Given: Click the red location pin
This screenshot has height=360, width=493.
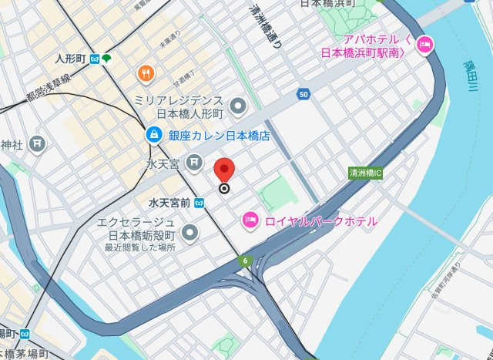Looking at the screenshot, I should tap(224, 169).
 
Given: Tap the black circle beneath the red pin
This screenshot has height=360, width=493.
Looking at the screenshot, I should tap(224, 187).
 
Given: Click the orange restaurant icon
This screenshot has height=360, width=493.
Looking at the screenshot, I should tap(146, 73).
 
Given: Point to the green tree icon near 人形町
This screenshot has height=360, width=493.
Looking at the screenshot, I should tap(106, 59).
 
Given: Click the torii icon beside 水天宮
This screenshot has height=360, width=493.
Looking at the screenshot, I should tap(195, 163).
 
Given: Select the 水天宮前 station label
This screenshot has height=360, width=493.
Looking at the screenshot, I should tap(169, 203).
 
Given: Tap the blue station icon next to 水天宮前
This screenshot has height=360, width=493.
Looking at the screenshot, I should tap(200, 203).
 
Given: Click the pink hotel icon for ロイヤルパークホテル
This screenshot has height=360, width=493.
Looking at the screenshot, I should tap(250, 221).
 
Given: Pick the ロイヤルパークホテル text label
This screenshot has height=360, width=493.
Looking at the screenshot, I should tap(320, 221).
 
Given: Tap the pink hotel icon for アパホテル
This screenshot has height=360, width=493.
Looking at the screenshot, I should tap(423, 48).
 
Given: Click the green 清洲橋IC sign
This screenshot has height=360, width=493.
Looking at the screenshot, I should tap(366, 173).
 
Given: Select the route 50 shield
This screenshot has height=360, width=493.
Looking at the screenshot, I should tap(304, 94).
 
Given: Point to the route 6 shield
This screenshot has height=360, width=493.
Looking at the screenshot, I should tap(245, 261).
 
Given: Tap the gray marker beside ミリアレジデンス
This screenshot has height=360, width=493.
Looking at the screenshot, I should tap(239, 105).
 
